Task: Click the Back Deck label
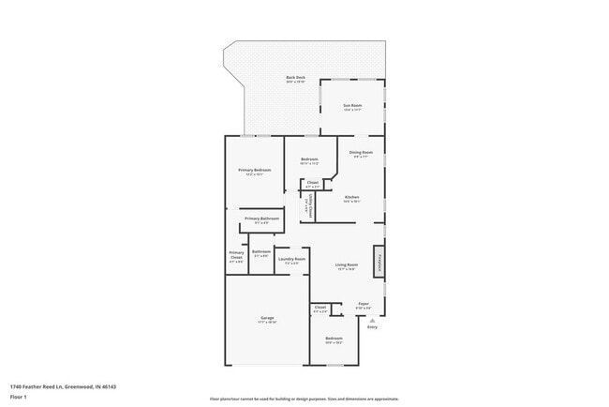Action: pos(296,79)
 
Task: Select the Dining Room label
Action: pos(362,153)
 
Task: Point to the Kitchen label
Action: pos(351,198)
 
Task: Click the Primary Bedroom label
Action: pos(254,171)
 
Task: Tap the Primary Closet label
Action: pos(236,256)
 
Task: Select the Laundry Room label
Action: pos(291,260)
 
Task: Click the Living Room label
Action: pos(347,265)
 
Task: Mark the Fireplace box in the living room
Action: pos(379,263)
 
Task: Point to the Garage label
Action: pos(267,320)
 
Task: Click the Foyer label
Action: pos(363,305)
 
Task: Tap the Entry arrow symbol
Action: pos(372,319)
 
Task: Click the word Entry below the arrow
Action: pos(372,327)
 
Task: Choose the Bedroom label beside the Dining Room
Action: pos(309,160)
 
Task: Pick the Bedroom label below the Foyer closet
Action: pos(334,339)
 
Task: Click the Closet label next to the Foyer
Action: pos(320,309)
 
